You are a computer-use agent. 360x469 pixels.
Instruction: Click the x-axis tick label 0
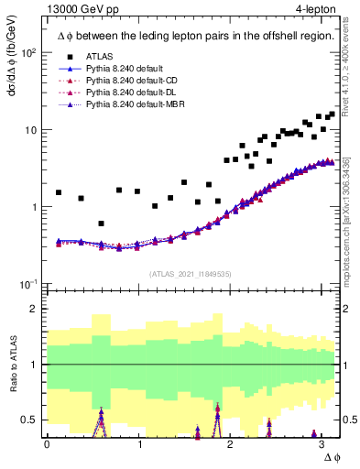pyautogui.click(x=47, y=444)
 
